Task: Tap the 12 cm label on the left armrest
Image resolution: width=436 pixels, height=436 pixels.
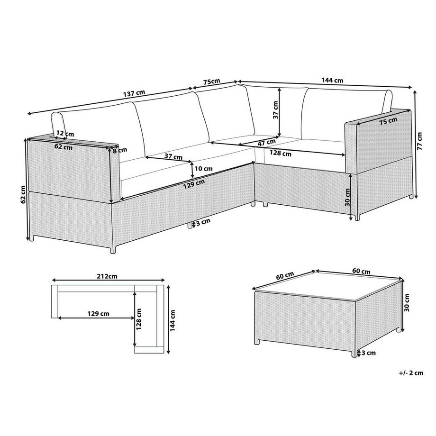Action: (x=65, y=134)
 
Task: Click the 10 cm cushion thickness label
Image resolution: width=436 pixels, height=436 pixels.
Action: (x=203, y=168)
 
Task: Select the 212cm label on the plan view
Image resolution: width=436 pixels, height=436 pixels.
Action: (x=107, y=275)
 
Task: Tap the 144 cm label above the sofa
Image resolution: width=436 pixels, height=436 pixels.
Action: (x=332, y=81)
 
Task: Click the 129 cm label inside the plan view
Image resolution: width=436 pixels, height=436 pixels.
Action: (x=99, y=313)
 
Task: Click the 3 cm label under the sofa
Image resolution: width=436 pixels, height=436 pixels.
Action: (x=203, y=222)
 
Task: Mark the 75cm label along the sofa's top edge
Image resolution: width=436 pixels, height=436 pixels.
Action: (x=211, y=82)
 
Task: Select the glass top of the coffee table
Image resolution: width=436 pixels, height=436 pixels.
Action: (x=327, y=287)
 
